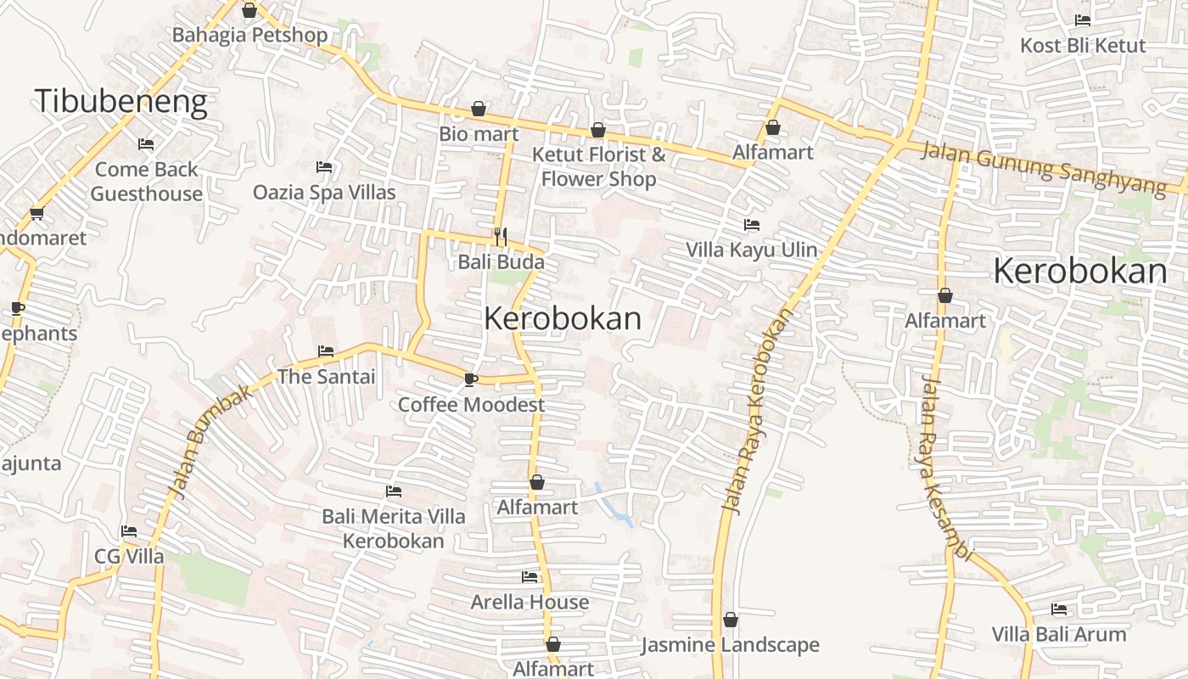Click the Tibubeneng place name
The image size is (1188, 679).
pyautogui.click(x=120, y=101)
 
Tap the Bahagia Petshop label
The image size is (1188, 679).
pyautogui.click(x=249, y=35)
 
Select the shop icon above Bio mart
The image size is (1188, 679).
pyautogui.click(x=479, y=109)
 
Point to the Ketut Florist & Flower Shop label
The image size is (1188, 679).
pyautogui.click(x=598, y=166)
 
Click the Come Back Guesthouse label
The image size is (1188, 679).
pyautogui.click(x=146, y=181)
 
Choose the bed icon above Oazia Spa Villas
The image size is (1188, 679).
pyautogui.click(x=324, y=167)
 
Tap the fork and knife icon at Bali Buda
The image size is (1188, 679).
pyautogui.click(x=501, y=237)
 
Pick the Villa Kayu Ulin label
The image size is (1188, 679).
pyautogui.click(x=751, y=250)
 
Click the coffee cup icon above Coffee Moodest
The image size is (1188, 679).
pyautogui.click(x=471, y=379)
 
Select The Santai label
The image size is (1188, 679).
pyautogui.click(x=326, y=376)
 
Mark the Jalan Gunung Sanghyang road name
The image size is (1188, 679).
pyautogui.click(x=1043, y=167)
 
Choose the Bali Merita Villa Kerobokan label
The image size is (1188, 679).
pyautogui.click(x=393, y=528)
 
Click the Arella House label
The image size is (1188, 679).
pyautogui.click(x=530, y=602)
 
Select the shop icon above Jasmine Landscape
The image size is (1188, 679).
pyautogui.click(x=731, y=620)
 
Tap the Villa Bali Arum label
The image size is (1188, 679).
pyautogui.click(x=1059, y=634)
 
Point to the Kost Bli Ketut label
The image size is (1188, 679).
pyautogui.click(x=1083, y=45)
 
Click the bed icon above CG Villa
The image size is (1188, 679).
pyautogui.click(x=129, y=531)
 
